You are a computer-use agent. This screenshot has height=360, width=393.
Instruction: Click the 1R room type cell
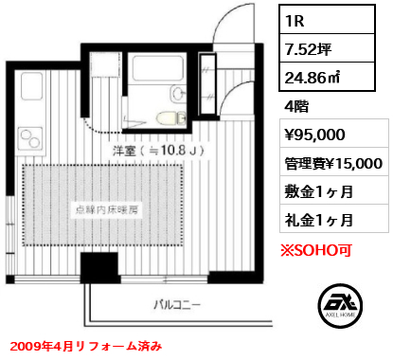pyautogui.click(x=327, y=20)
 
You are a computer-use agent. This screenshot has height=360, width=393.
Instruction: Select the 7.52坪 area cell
pyautogui.click(x=327, y=48)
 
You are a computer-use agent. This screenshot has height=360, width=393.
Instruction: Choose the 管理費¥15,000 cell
pyautogui.click(x=334, y=162)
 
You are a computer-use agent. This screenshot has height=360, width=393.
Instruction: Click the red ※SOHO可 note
pyautogui.click(x=316, y=250)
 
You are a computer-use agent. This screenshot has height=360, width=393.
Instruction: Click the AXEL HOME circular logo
pyautogui.click(x=340, y=306)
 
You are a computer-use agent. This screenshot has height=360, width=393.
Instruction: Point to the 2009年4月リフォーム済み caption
pyautogui.click(x=86, y=346)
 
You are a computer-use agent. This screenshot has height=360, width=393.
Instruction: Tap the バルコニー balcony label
pyautogui.click(x=177, y=305)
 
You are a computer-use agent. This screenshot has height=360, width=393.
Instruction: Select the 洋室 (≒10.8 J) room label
pyautogui.click(x=159, y=152)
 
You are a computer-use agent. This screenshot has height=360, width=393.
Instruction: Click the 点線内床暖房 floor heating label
pyautogui.click(x=107, y=209)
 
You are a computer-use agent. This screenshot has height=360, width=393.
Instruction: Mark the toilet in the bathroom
pyautogui.click(x=170, y=118)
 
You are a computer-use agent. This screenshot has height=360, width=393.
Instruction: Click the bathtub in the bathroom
pyautogui.click(x=158, y=68)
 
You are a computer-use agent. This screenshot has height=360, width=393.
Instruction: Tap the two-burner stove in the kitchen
pyautogui.click(x=30, y=139)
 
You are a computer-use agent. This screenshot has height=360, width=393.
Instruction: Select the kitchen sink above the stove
pyautogui.click(x=31, y=86)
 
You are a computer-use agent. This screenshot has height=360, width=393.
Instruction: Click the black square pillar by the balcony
pyautogui.click(x=99, y=267)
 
